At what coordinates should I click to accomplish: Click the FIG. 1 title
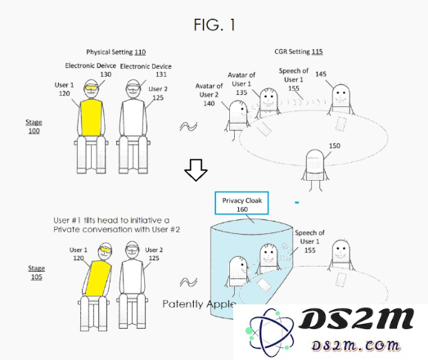point(214,25)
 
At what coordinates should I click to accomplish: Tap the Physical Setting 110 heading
point(116,52)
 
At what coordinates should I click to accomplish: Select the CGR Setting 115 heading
point(299,52)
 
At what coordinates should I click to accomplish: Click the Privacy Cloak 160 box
point(241,203)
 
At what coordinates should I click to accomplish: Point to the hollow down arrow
point(196,170)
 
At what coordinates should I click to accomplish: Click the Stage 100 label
point(34,126)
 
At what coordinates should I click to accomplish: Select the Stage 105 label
point(37,272)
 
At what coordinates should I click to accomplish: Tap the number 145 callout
point(321,74)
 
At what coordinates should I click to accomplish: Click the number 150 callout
point(335,146)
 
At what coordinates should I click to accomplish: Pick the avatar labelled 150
point(315,169)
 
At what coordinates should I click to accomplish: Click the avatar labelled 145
point(341,99)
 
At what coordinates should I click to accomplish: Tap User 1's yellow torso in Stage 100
point(91,118)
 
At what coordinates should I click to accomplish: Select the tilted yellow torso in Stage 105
point(98,278)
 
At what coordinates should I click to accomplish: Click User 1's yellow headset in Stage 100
point(91,88)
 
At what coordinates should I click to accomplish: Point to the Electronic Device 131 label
point(146,70)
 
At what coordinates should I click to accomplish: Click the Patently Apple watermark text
point(199,304)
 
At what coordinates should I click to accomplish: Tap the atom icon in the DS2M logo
point(269,332)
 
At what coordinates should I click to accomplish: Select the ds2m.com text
point(356,345)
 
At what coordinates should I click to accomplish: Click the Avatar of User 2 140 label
point(209,95)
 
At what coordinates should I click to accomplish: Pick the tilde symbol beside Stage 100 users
point(188,126)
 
